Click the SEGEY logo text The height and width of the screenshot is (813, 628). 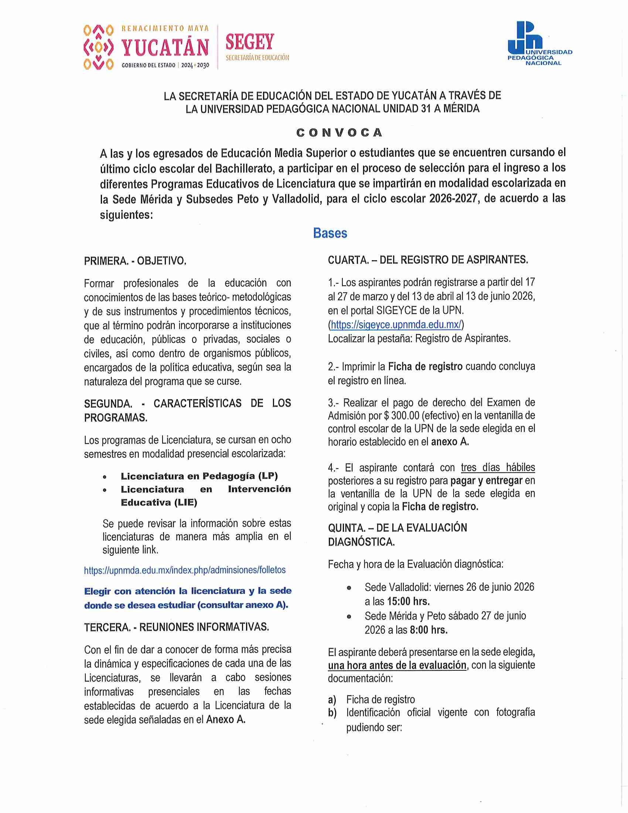tap(250, 42)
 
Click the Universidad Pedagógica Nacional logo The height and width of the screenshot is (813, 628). tap(539, 44)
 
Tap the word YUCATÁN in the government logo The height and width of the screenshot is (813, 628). tap(165, 48)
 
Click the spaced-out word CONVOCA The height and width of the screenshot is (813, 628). tap(339, 133)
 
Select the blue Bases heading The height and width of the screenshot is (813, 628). tap(330, 233)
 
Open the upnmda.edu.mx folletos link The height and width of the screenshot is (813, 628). tap(185, 570)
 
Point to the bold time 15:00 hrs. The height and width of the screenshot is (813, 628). tap(408, 601)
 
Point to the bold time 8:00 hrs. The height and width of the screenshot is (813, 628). tap(429, 630)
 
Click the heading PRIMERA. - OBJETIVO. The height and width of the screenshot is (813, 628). tap(135, 261)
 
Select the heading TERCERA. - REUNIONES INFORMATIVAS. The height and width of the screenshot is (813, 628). tap(176, 627)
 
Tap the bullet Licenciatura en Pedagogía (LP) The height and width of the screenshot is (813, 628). tap(199, 476)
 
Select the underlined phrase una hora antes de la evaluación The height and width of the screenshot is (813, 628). tap(397, 665)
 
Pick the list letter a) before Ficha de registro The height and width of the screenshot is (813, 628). tap(332, 700)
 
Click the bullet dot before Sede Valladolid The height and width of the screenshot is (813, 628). tap(349, 588)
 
